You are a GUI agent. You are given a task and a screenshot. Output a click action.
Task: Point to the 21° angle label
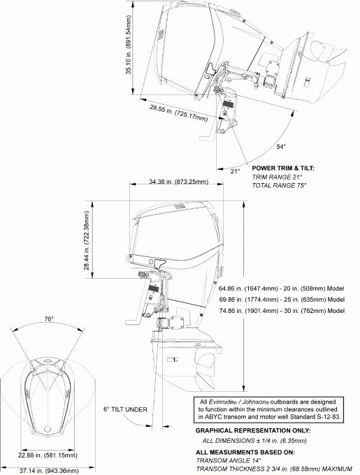236,170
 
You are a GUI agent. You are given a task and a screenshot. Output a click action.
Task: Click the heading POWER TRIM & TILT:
283,168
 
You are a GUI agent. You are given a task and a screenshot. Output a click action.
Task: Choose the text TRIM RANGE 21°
277,177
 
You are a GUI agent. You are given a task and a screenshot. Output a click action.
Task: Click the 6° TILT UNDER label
126,409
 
